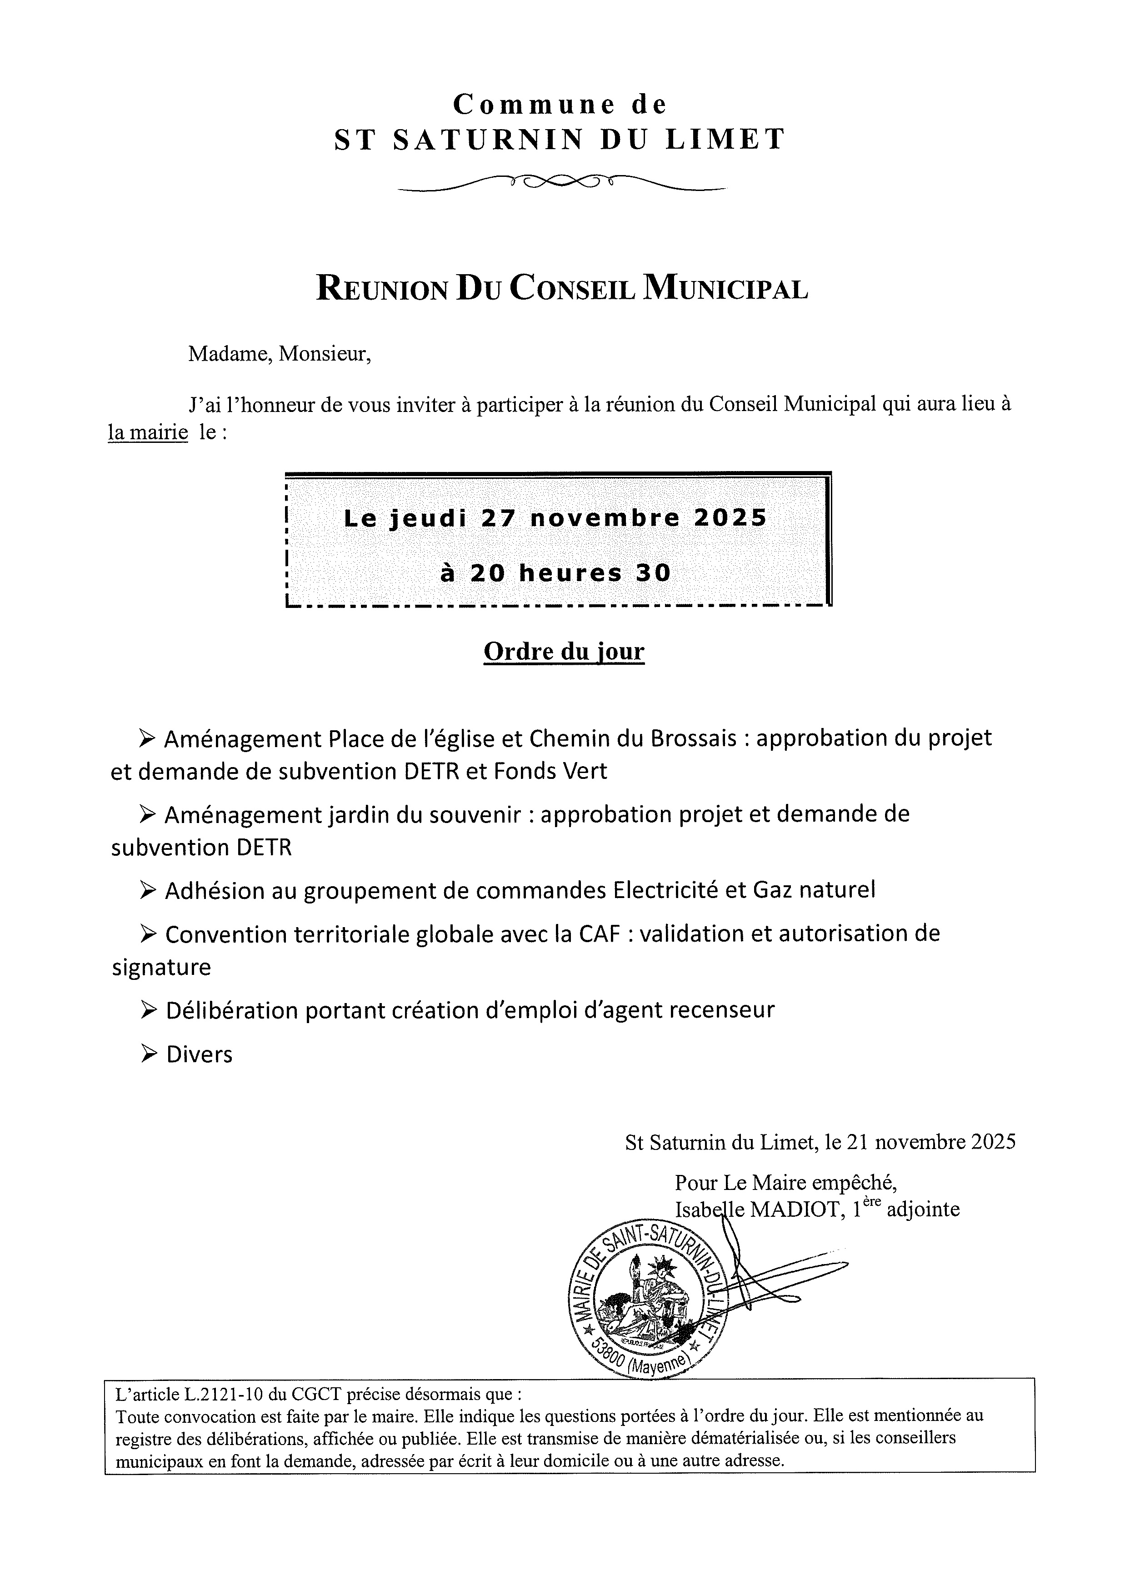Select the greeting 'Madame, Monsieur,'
[280, 355]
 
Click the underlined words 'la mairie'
[147, 432]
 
